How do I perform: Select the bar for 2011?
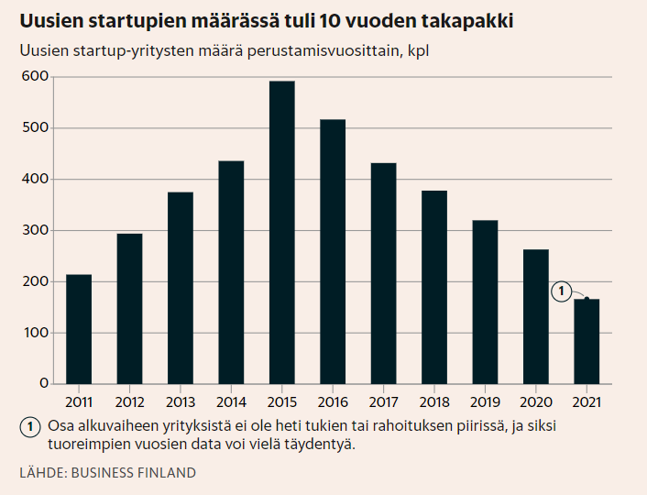point(79,329)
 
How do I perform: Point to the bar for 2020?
point(535,316)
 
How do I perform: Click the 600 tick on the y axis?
point(35,76)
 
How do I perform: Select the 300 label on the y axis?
point(35,230)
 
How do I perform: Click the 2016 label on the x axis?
point(333,401)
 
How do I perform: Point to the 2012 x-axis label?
point(129,401)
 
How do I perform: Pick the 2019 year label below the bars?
point(485,401)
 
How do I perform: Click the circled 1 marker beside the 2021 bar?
point(559,291)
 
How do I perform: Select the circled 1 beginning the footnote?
point(29,426)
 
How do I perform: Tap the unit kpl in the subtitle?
point(418,50)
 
